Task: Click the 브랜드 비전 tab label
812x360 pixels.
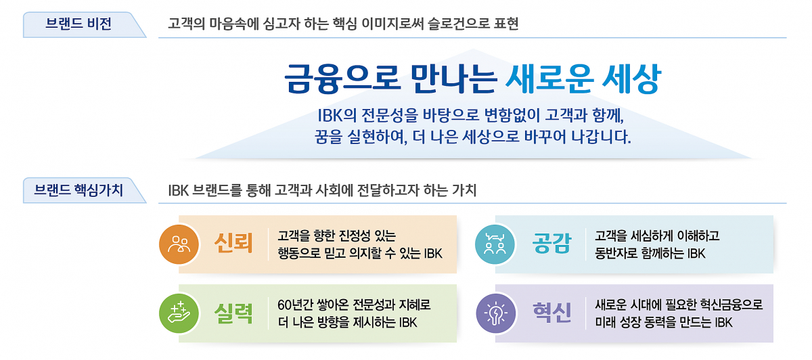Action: [x=78, y=24]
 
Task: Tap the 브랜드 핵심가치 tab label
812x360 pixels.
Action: [x=78, y=190]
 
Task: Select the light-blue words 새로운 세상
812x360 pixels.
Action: [x=582, y=79]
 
